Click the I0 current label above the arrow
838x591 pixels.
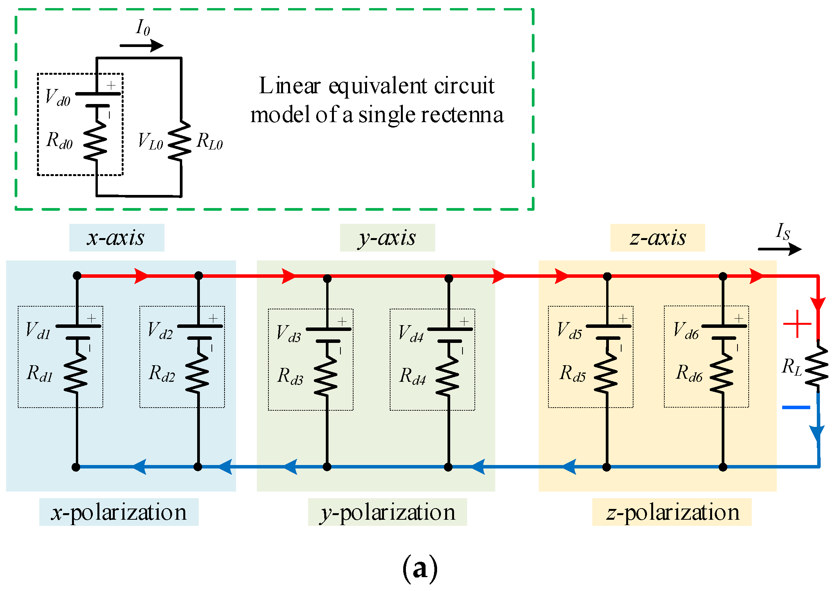pyautogui.click(x=143, y=28)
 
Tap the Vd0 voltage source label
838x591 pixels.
pyautogui.click(x=58, y=97)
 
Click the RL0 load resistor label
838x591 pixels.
pyautogui.click(x=209, y=141)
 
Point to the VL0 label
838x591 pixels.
pyautogui.click(x=150, y=141)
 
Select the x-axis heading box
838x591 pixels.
pyautogui.click(x=116, y=238)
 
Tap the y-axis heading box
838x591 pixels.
pyautogui.click(x=387, y=238)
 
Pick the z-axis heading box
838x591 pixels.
pyautogui.click(x=657, y=238)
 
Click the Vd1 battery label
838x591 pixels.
pyautogui.click(x=38, y=331)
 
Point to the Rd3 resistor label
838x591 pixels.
pyautogui.click(x=290, y=376)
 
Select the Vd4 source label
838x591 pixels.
pyautogui.click(x=411, y=333)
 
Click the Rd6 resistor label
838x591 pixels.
pyautogui.click(x=689, y=373)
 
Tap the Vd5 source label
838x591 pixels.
pyautogui.click(x=570, y=331)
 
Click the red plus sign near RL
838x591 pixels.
pyautogui.click(x=797, y=324)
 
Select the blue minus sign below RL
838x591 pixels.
pyautogui.click(x=796, y=407)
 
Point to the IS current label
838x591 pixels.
pyautogui.click(x=783, y=232)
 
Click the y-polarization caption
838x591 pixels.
pyautogui.click(x=387, y=512)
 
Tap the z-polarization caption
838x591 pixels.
pyautogui.click(x=672, y=512)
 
